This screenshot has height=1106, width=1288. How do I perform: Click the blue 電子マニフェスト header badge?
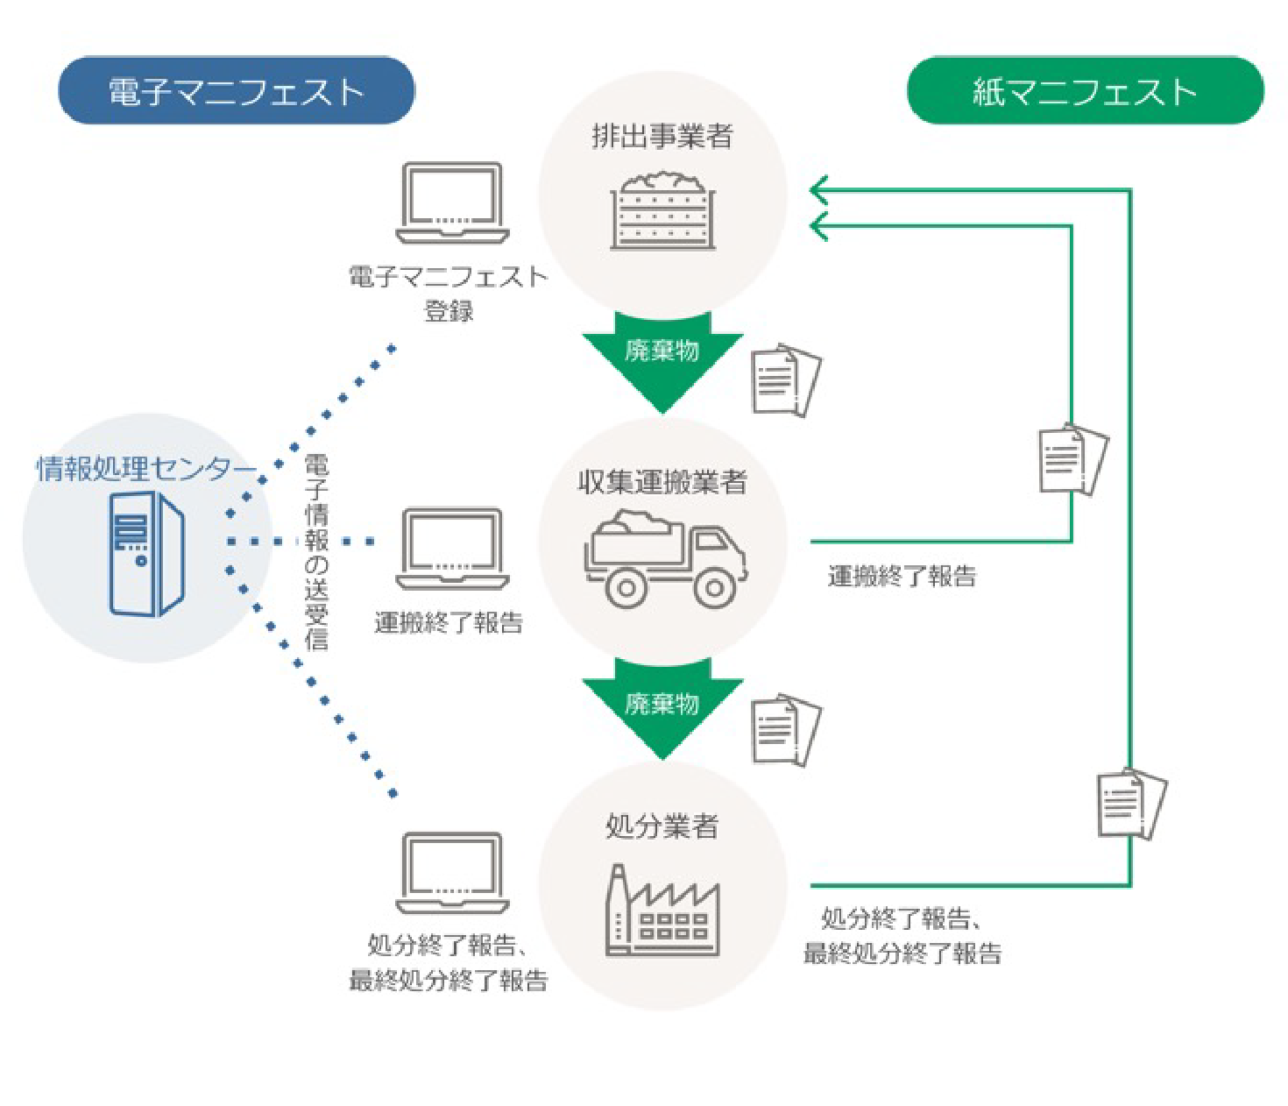(236, 91)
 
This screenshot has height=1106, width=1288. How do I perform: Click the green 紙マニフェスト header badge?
(1085, 91)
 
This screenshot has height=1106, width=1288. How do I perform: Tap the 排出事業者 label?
(662, 137)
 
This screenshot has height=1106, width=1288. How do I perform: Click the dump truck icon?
(665, 558)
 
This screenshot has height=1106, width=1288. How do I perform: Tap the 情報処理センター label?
(145, 469)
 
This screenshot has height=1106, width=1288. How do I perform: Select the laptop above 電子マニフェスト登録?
(452, 202)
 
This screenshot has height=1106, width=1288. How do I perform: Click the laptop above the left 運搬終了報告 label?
(452, 549)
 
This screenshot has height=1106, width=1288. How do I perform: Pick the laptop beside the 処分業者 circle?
(452, 873)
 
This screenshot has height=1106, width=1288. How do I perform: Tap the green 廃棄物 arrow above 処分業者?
(662, 705)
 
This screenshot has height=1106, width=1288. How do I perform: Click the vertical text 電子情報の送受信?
(316, 552)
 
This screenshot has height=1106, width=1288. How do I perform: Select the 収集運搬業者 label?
(662, 482)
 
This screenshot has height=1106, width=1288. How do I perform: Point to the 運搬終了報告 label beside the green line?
(902, 577)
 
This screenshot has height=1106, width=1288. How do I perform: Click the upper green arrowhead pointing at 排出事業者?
(820, 189)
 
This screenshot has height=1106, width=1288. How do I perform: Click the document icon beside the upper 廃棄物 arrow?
(786, 381)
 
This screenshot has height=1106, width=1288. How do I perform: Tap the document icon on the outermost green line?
(1131, 804)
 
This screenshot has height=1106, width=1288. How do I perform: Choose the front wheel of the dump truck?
(715, 587)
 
